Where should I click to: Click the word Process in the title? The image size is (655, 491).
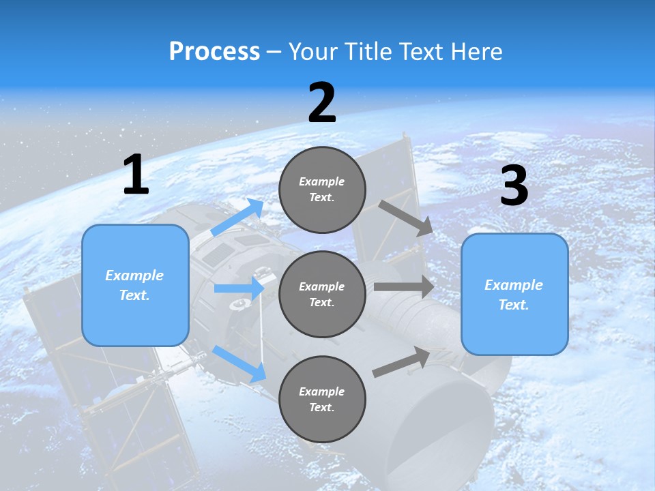[x=214, y=52]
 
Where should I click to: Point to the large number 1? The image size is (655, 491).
[x=136, y=175]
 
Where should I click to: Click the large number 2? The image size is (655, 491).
[x=322, y=103]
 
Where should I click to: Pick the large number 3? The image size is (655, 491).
[x=514, y=186]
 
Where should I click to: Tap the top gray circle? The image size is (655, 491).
[x=322, y=189]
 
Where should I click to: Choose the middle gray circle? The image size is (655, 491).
[x=322, y=294]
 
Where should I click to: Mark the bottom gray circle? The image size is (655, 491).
[x=322, y=399]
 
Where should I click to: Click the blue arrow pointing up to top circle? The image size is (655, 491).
[x=237, y=218]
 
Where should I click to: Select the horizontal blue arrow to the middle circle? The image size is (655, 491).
[x=239, y=288]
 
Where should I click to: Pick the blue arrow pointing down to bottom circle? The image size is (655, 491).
[x=239, y=363]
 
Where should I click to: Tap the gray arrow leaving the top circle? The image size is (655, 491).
[x=405, y=218]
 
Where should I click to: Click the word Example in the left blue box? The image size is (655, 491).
[x=134, y=276]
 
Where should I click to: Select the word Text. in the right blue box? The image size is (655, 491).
[x=514, y=305]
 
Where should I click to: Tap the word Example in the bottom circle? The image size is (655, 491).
[x=322, y=391]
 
